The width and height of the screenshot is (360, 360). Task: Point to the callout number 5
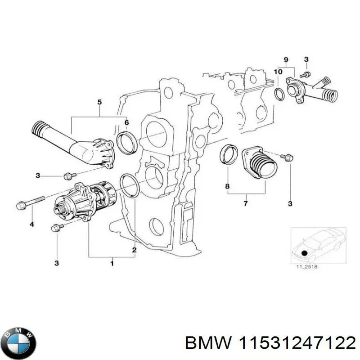click(100, 103)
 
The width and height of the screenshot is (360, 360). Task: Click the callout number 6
click(126, 122)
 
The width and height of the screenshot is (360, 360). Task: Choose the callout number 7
click(246, 204)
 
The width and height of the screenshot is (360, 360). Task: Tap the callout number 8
click(227, 186)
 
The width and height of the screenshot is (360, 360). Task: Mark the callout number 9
click(285, 59)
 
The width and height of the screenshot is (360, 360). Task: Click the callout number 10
click(278, 71)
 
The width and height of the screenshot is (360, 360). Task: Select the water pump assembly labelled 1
click(85, 201)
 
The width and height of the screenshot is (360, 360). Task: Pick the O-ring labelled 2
click(130, 186)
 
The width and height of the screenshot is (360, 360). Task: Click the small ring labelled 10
click(279, 94)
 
